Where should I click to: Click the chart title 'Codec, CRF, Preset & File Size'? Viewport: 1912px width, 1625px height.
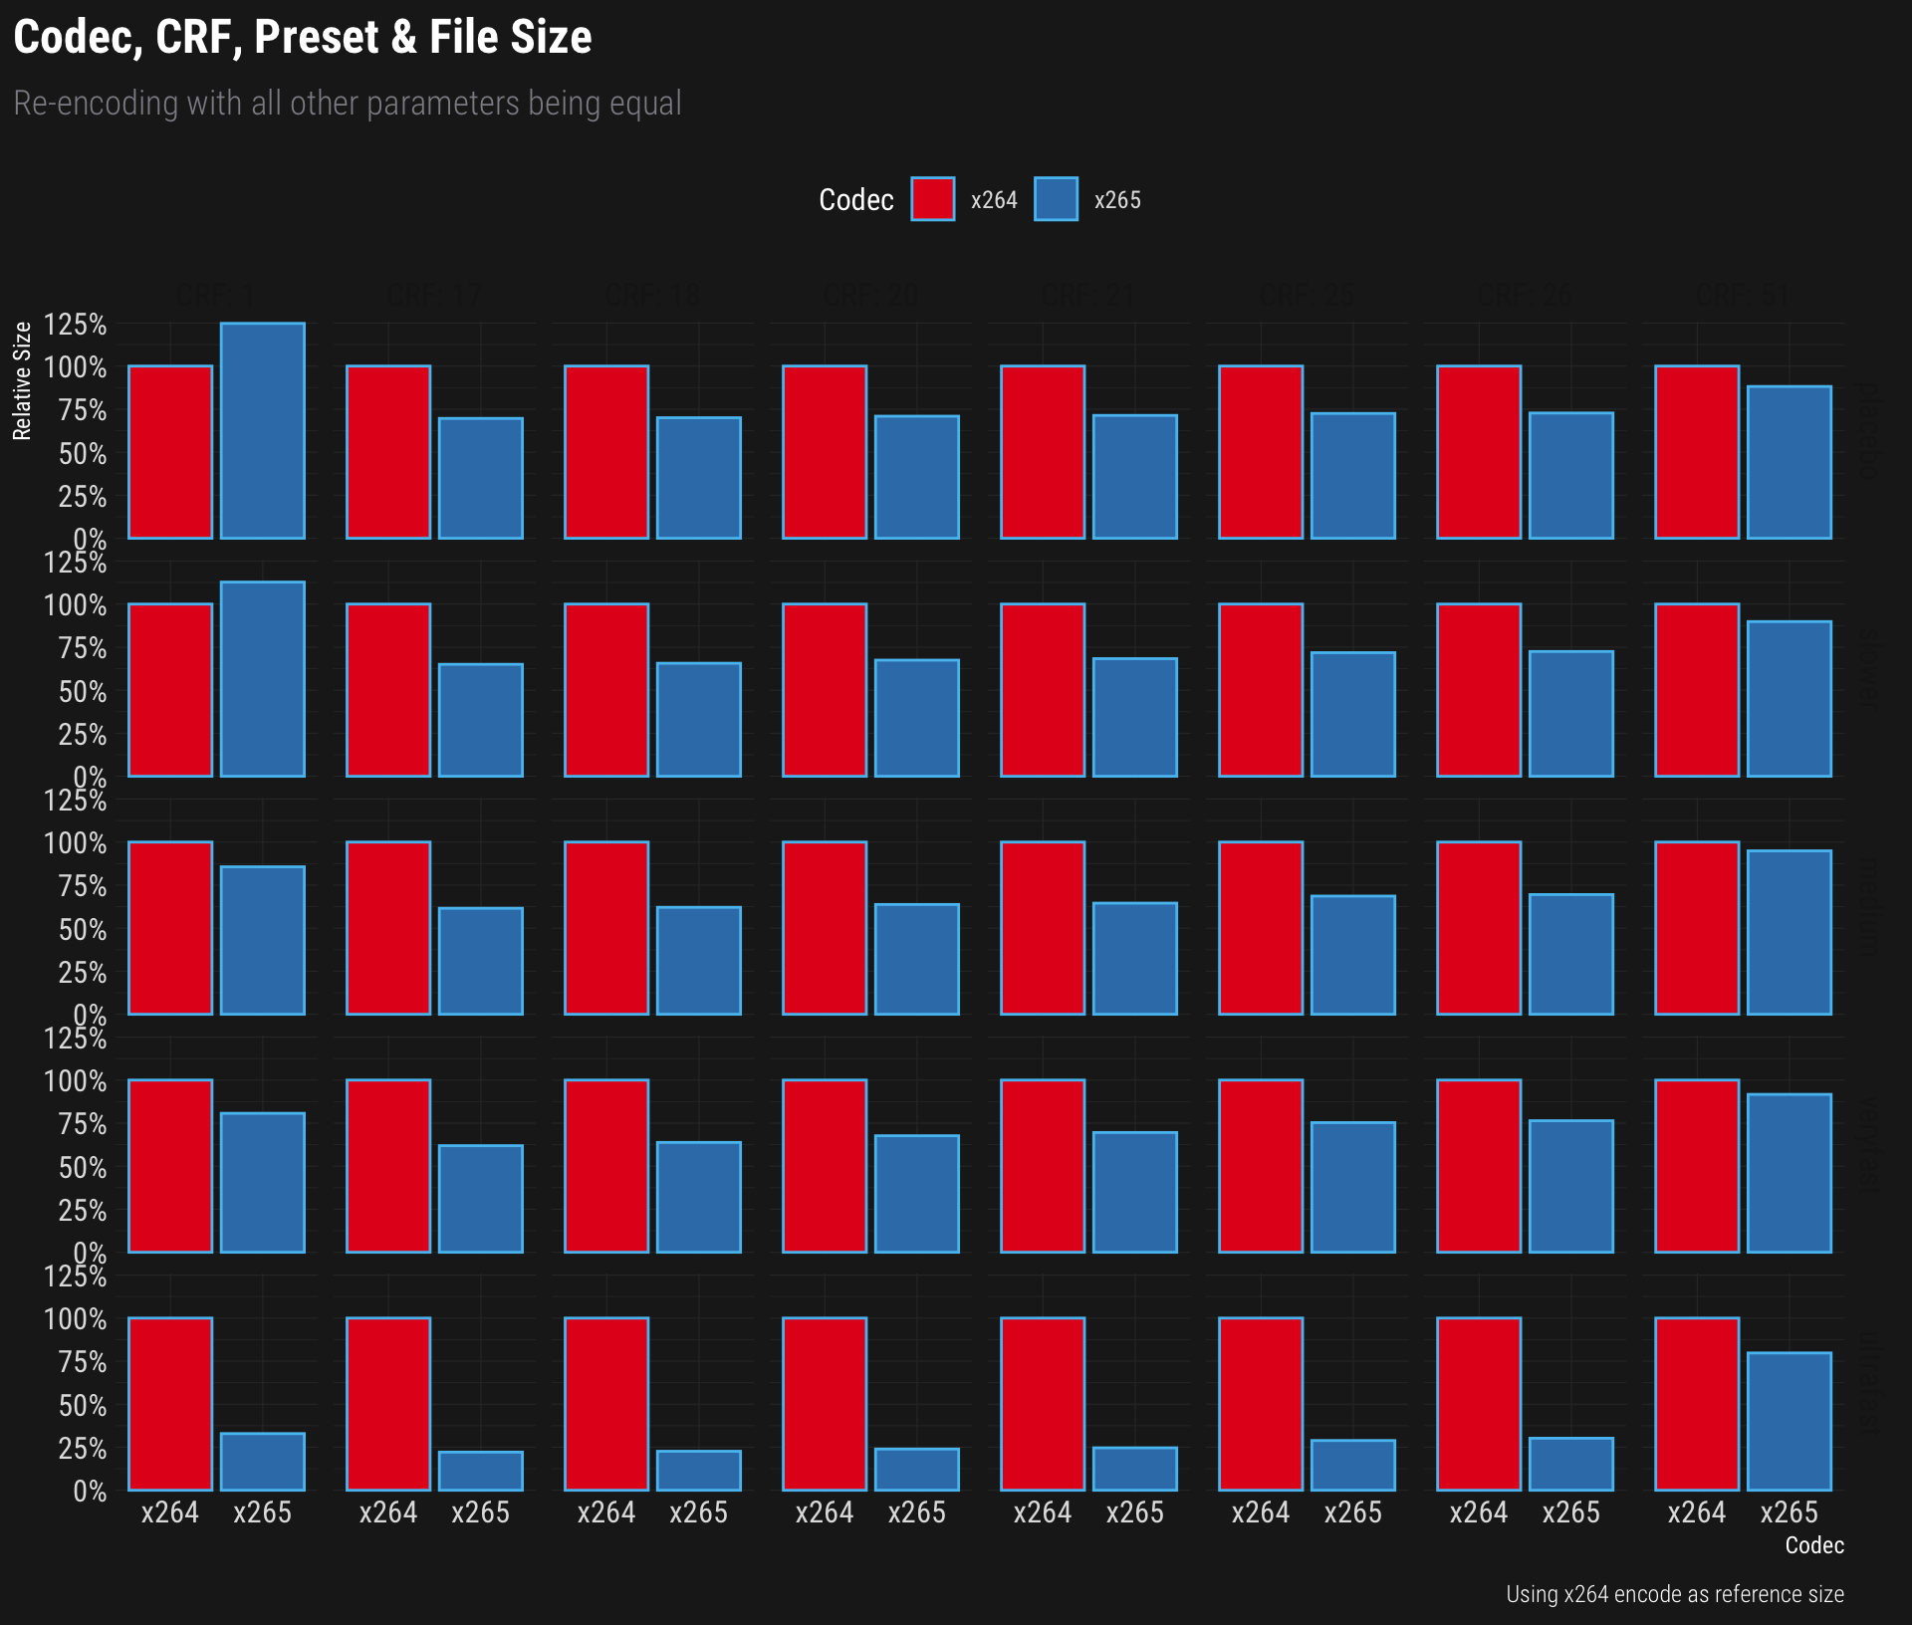coord(303,38)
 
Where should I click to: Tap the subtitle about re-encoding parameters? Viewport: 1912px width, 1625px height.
coord(348,104)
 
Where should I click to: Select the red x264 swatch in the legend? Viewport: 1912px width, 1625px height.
coord(932,199)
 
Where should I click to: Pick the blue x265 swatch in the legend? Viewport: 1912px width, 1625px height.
coord(1056,199)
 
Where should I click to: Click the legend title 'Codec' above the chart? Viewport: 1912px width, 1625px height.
coord(855,200)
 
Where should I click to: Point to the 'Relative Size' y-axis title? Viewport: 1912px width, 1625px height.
coord(22,381)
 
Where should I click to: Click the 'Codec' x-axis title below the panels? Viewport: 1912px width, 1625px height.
coord(1813,1545)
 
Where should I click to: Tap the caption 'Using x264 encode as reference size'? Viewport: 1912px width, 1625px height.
coord(1674,1594)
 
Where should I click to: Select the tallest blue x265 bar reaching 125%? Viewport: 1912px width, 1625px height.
coord(262,430)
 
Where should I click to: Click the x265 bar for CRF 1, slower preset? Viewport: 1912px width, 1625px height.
coord(262,679)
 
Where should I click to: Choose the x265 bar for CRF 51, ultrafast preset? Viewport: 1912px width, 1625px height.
coord(1789,1421)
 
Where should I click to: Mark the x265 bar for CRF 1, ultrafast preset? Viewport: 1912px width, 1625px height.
coord(262,1462)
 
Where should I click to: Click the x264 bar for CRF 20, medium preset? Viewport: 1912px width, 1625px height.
coord(825,928)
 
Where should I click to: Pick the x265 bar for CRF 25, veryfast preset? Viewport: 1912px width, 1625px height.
coord(1352,1187)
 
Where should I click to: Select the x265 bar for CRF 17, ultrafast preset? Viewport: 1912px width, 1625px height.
coord(480,1471)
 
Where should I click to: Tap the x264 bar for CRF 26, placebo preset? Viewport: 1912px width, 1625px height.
coord(1479,452)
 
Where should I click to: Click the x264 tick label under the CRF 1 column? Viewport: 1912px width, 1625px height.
coord(170,1512)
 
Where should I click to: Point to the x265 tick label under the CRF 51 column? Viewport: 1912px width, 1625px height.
coord(1789,1512)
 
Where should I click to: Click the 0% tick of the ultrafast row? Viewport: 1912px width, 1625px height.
coord(89,1491)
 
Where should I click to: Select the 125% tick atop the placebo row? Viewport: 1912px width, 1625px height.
coord(75,325)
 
